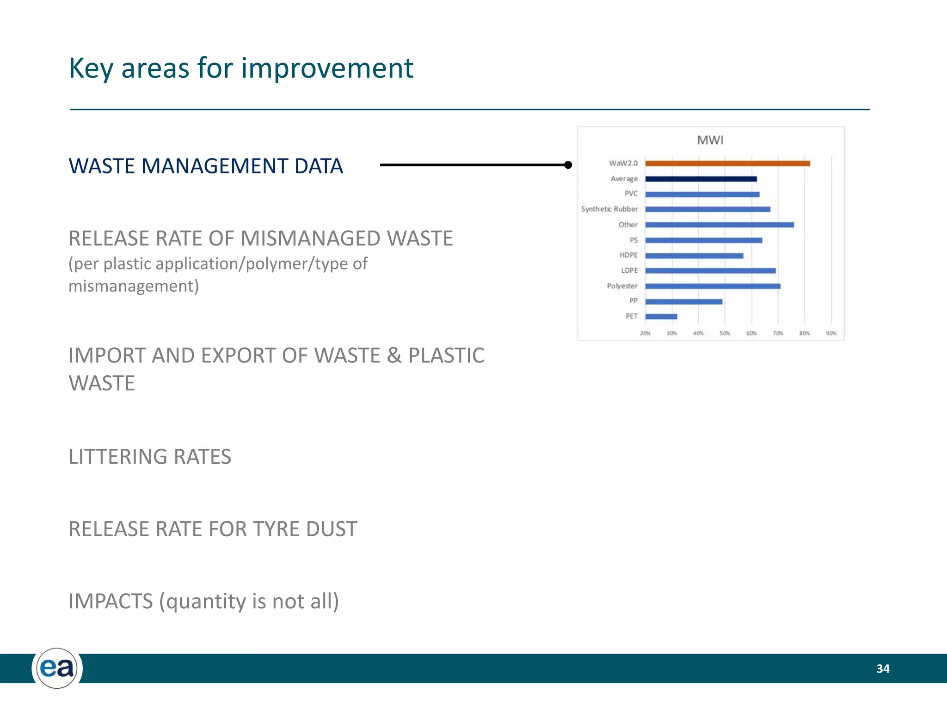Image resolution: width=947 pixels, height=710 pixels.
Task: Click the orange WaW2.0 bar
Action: tap(727, 163)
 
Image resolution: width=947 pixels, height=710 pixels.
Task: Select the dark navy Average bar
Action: tap(701, 179)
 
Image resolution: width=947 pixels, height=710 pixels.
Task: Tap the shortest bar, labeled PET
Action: tap(661, 317)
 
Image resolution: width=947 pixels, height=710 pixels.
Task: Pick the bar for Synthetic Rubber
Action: tap(707, 209)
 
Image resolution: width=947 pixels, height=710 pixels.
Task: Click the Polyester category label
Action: tap(622, 286)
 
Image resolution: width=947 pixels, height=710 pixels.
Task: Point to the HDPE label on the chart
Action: tap(628, 255)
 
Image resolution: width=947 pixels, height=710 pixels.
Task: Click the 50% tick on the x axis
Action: tap(725, 333)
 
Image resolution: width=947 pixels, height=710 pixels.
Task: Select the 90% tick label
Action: tap(831, 333)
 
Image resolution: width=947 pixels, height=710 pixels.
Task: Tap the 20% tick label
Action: tap(645, 333)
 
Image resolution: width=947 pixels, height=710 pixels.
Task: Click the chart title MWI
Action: tap(710, 140)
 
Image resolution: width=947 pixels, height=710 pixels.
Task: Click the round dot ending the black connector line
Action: tap(568, 165)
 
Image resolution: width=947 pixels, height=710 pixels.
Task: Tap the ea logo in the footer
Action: tap(57, 668)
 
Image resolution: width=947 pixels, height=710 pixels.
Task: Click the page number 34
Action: tap(883, 669)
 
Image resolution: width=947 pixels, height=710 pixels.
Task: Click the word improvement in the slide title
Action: tap(327, 68)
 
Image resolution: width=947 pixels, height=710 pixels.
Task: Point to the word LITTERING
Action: tap(117, 457)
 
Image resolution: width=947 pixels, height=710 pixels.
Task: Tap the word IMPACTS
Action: tap(111, 601)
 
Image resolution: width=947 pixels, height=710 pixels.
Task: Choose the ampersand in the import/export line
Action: tap(394, 356)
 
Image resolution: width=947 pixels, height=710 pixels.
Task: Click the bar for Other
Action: tap(719, 225)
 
